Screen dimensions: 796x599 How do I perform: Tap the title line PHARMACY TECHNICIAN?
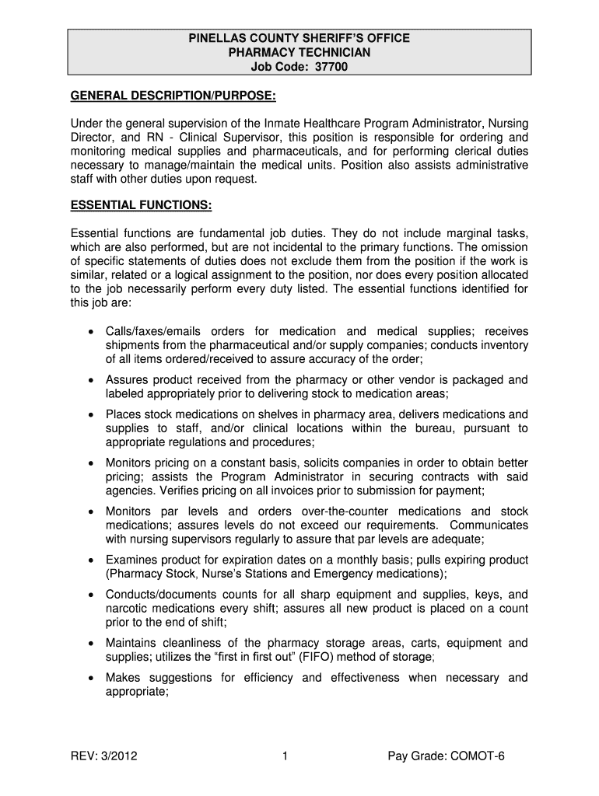[299, 52]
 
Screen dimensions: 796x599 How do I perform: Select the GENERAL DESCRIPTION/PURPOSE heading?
[173, 96]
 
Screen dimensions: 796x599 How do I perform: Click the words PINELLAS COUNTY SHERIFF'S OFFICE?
[299, 37]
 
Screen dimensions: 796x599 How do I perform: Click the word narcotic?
[126, 609]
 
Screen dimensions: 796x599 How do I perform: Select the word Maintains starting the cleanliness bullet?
[133, 643]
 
